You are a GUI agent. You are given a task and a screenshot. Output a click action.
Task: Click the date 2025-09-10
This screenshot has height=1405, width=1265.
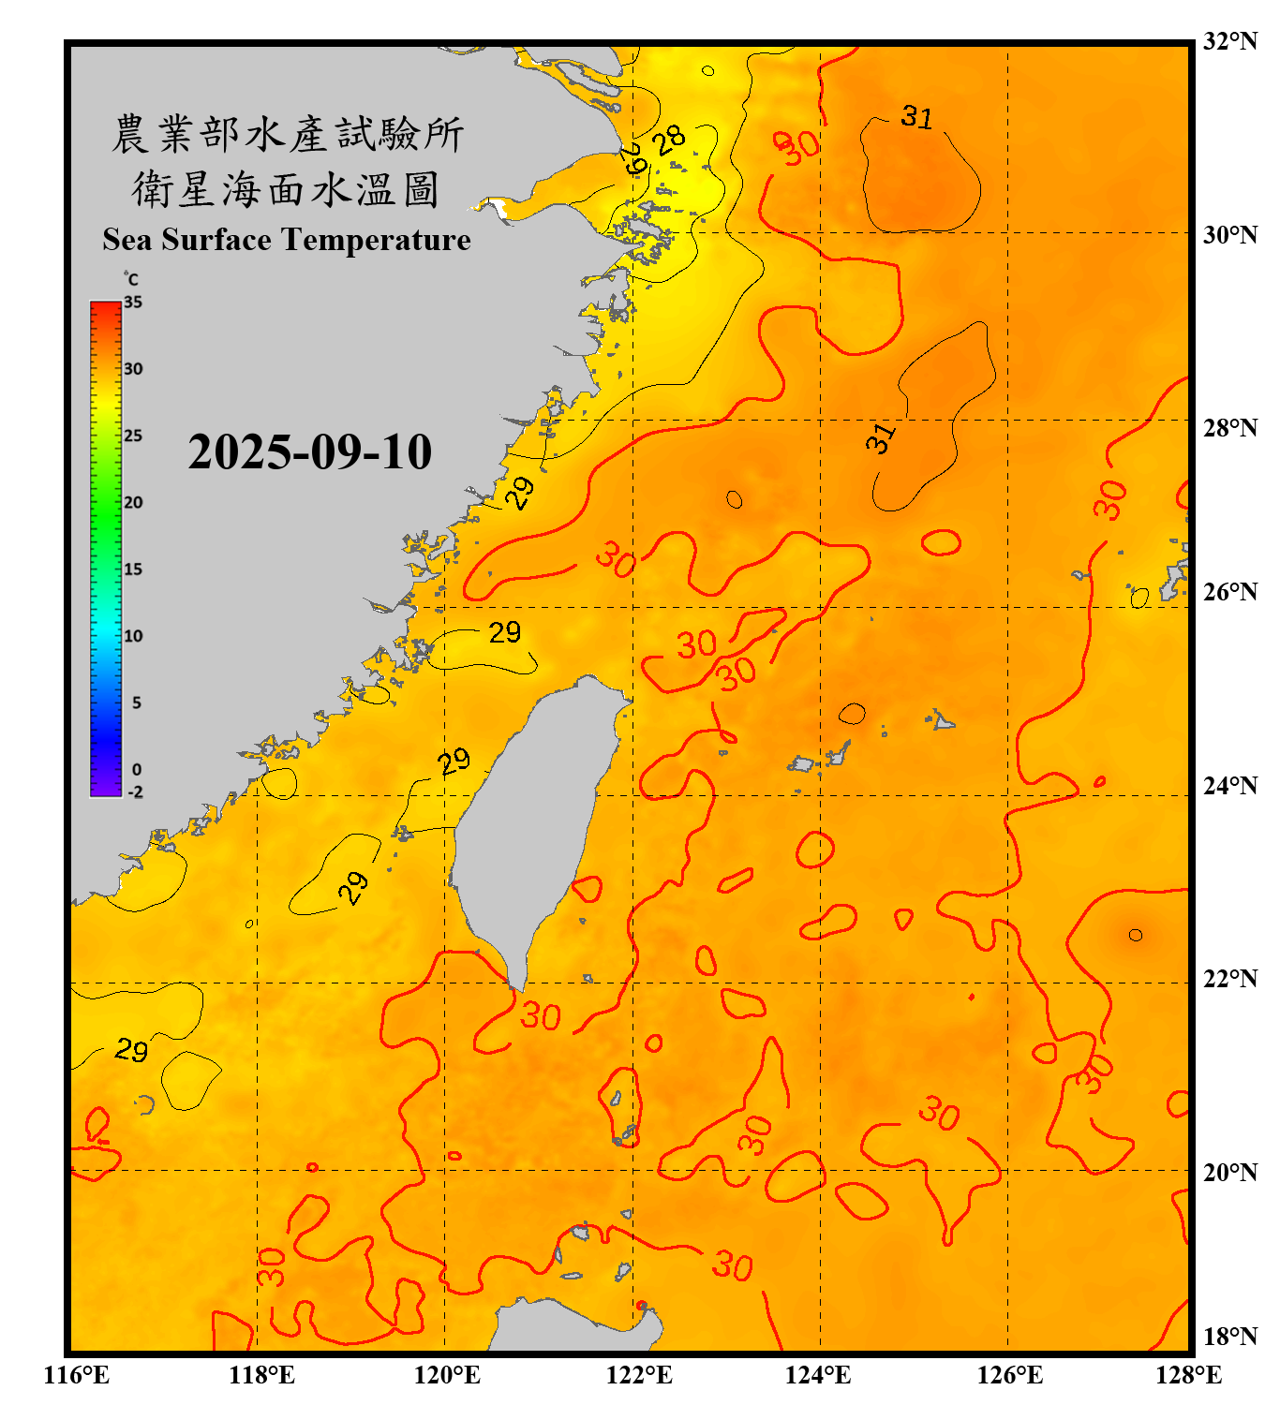[x=309, y=452]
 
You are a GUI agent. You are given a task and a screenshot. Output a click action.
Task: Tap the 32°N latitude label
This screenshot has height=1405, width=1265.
[x=1229, y=41]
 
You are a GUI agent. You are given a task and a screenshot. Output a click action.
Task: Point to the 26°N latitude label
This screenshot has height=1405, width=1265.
[x=1229, y=592]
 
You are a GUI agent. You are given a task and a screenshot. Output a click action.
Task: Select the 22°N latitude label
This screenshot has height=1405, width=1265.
[x=1229, y=979]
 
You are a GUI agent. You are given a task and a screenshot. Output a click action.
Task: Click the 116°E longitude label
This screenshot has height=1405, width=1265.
[x=77, y=1375]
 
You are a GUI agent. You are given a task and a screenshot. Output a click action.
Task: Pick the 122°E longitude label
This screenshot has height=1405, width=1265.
[x=639, y=1375]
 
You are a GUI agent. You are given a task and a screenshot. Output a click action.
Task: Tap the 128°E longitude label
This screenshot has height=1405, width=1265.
[x=1188, y=1375]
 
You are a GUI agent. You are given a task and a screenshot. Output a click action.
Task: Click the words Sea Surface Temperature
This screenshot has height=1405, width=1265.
[x=287, y=240]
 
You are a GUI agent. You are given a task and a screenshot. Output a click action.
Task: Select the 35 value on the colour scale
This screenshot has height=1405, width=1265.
[x=133, y=303]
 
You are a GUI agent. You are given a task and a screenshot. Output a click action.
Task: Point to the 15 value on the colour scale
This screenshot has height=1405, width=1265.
[x=133, y=569]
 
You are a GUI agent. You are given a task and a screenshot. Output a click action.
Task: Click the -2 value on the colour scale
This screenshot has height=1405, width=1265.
[x=135, y=792]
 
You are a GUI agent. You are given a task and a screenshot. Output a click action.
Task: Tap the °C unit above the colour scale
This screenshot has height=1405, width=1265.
[x=131, y=279]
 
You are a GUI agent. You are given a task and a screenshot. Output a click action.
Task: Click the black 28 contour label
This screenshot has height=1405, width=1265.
[x=669, y=140]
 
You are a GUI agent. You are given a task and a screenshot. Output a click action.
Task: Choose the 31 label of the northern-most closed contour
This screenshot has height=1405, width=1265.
[x=916, y=117]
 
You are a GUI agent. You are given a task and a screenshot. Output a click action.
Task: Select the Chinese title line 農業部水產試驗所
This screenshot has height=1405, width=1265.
[x=287, y=135]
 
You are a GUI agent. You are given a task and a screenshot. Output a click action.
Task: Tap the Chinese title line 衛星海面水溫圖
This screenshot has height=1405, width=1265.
[x=287, y=189]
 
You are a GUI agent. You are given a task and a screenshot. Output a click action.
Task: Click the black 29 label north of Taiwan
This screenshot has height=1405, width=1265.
[x=504, y=633]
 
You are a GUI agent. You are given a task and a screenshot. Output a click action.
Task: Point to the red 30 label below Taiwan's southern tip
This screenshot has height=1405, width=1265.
[x=541, y=1016]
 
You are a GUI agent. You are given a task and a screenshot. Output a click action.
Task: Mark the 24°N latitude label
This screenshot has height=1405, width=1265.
[x=1229, y=786]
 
